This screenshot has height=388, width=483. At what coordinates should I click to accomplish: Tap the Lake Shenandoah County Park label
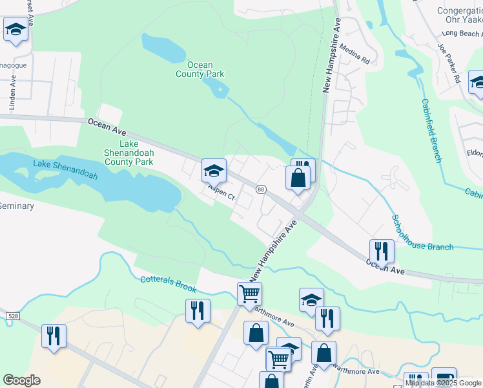(x=129, y=153)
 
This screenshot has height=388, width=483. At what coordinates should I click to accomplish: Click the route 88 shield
(x=261, y=189)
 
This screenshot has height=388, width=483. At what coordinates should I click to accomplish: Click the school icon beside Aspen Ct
(x=214, y=171)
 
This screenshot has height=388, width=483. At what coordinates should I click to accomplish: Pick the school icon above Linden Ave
(x=15, y=29)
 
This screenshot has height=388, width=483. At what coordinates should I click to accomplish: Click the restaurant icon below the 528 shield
(x=53, y=336)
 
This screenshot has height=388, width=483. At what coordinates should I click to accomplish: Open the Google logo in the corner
(x=21, y=380)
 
